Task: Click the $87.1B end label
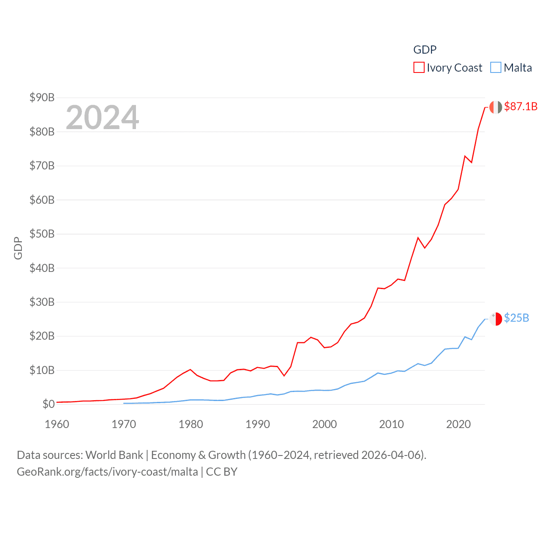521,106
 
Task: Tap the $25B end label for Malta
516,318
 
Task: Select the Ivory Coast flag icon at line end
495,107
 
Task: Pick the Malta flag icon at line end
495,319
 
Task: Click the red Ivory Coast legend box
419,68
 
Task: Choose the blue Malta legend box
495,68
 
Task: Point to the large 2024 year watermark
103,118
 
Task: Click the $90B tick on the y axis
42,97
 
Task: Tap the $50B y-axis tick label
42,234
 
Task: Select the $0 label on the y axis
48,404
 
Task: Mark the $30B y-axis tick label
42,302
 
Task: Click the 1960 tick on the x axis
57,424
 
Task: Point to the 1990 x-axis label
258,424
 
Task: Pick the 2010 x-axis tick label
392,424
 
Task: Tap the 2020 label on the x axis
459,424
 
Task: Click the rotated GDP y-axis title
18,248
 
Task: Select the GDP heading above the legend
425,50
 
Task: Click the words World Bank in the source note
114,455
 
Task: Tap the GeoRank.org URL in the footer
107,472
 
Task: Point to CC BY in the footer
222,472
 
